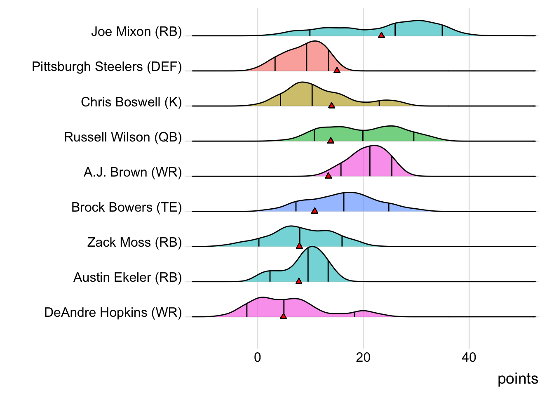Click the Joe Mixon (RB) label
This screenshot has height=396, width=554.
click(136, 32)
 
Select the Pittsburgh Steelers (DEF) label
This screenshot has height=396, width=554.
click(107, 67)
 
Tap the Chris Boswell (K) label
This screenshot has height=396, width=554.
click(131, 102)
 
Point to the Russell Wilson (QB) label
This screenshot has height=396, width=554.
click(123, 137)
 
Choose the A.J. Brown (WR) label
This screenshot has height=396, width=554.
click(133, 172)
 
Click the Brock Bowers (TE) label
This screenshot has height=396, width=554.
click(127, 207)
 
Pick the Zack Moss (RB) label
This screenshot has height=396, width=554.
click(134, 242)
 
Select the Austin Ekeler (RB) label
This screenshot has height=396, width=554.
click(127, 277)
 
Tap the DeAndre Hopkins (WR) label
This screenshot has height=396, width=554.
click(113, 312)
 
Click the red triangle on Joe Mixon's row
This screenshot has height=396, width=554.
click(381, 35)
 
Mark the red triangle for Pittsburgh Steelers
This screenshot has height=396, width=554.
click(337, 71)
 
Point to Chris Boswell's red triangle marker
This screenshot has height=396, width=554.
click(331, 106)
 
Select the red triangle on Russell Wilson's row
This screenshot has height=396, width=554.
click(331, 141)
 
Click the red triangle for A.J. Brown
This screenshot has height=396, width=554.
click(328, 176)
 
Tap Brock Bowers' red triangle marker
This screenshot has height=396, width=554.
click(315, 211)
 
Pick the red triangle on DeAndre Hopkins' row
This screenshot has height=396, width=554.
click(283, 316)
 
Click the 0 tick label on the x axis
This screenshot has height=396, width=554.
click(258, 357)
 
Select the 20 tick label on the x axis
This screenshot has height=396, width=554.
click(363, 357)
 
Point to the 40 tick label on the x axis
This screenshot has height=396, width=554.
click(469, 357)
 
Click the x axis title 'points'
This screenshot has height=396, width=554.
click(518, 379)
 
